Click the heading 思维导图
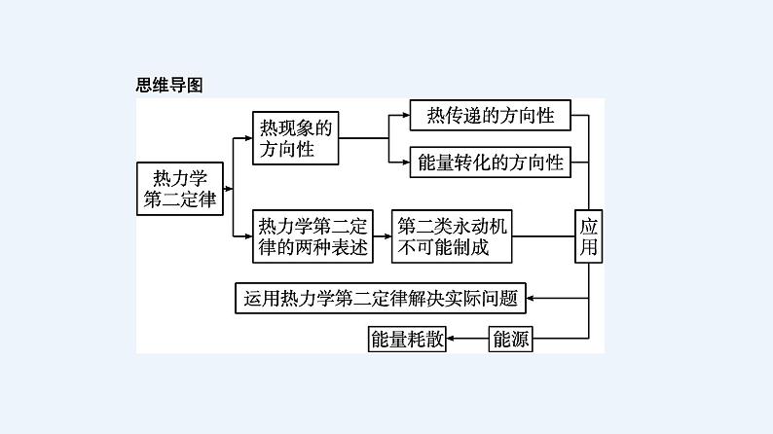pos(168,85)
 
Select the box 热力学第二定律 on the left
pos(180,189)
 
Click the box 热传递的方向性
pos(490,116)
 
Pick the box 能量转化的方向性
pos(490,162)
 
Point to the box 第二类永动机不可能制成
pos(452,236)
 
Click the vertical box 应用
pos(589,236)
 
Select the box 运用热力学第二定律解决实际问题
pos(380,297)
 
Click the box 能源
pos(512,339)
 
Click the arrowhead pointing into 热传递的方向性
pos(404,116)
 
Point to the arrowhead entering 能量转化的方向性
pos(404,162)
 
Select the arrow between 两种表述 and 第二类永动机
pos(383,236)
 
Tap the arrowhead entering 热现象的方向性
pos(246,138)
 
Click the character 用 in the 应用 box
pos(589,248)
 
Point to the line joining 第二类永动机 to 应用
pos(543,236)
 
